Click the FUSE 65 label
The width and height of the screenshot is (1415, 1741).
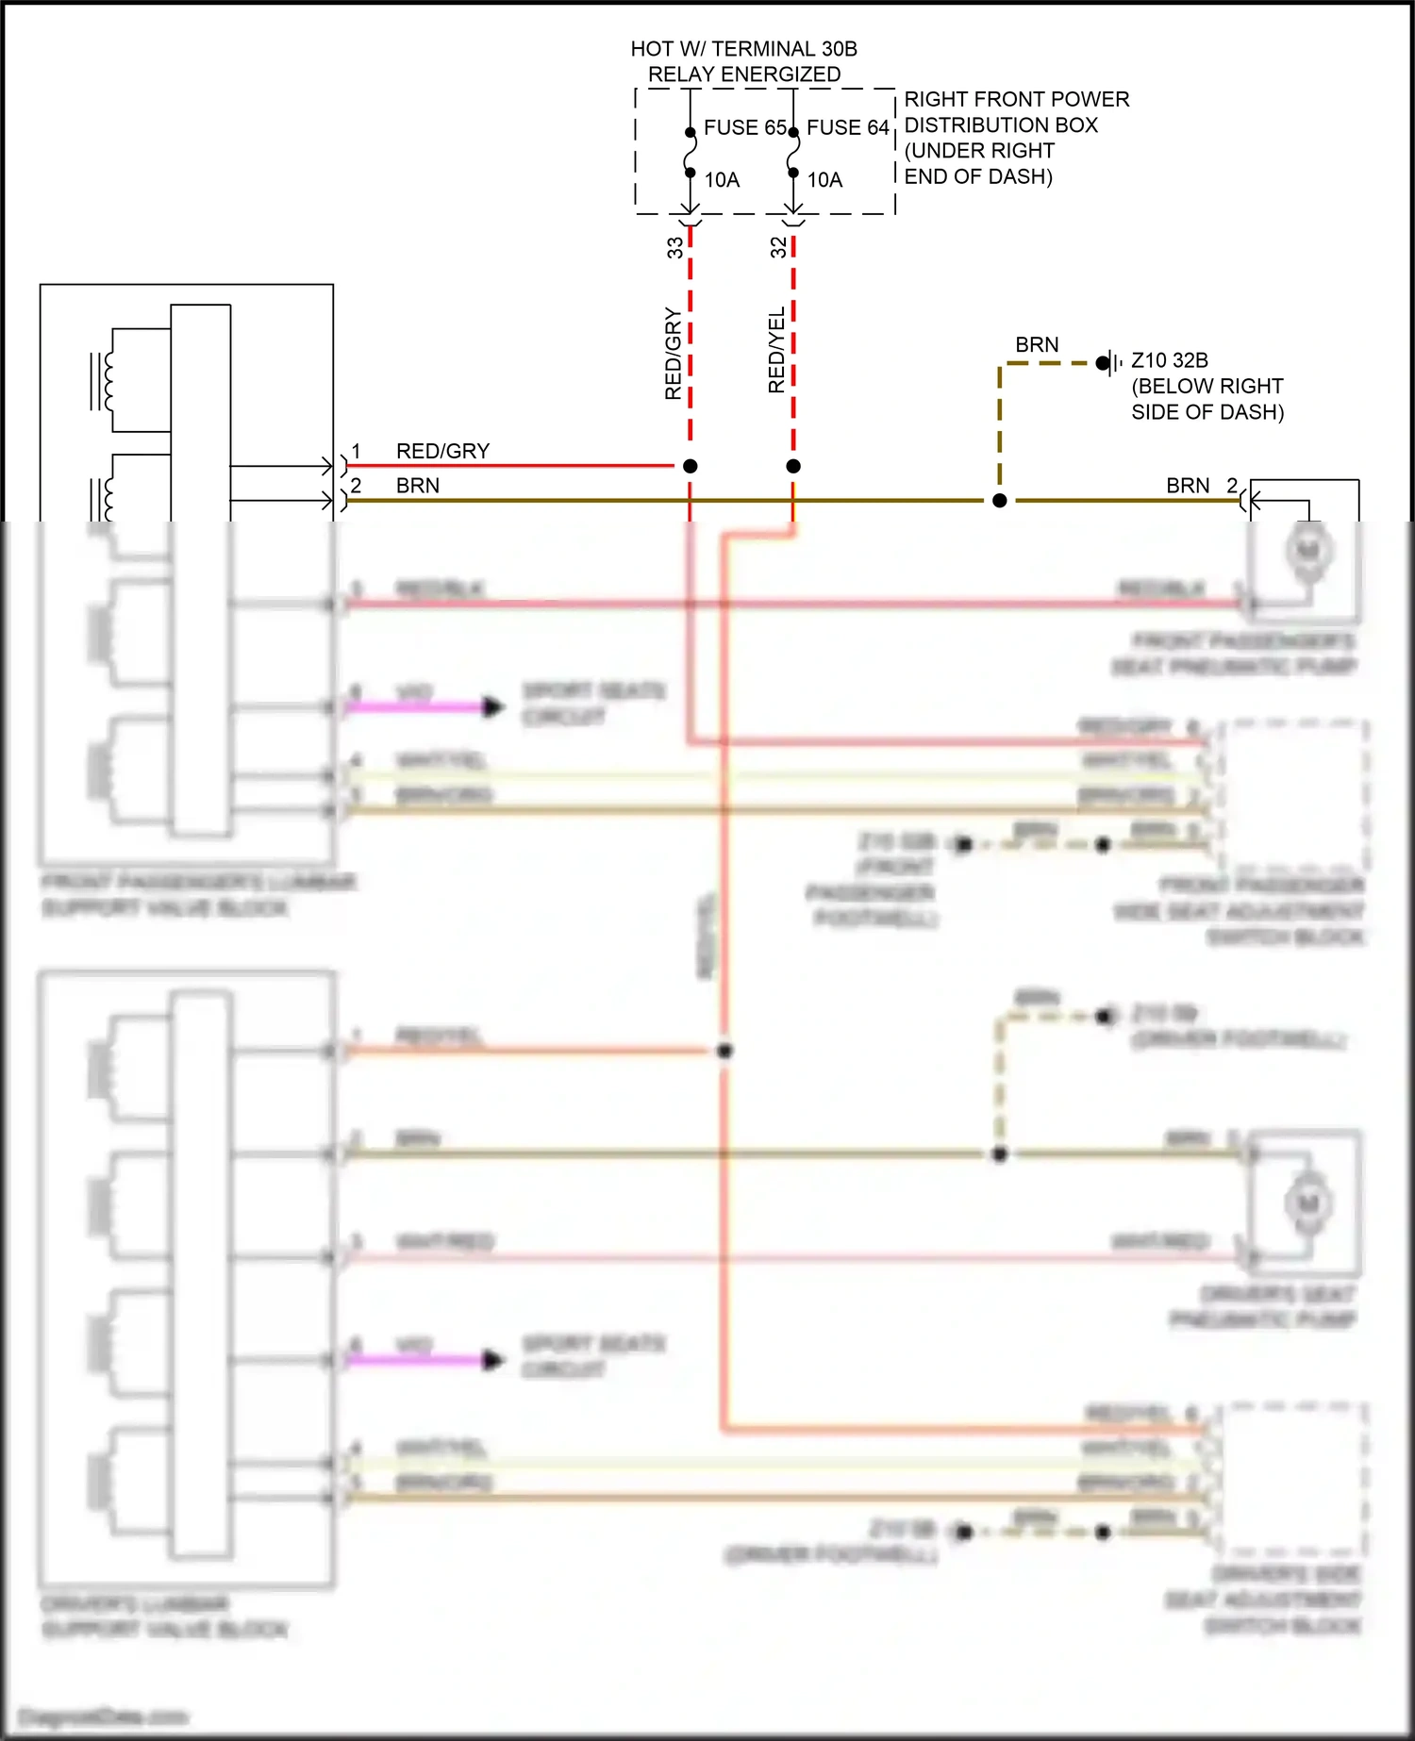tap(744, 127)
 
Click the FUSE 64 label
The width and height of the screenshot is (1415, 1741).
tap(847, 127)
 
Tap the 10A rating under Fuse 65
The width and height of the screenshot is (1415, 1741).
tap(722, 180)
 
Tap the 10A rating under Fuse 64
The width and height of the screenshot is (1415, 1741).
tap(824, 180)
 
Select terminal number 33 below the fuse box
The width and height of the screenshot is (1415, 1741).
tap(675, 247)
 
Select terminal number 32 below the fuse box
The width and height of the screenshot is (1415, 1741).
tap(778, 247)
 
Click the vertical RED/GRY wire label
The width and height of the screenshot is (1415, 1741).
tap(673, 353)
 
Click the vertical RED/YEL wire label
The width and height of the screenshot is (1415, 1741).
tap(776, 351)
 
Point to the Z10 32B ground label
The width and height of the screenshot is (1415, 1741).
tap(1169, 360)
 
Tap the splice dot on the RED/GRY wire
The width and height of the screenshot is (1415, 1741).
tap(691, 466)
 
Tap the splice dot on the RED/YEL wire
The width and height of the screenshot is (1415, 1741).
tap(793, 466)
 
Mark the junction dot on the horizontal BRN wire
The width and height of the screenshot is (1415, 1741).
tap(1000, 501)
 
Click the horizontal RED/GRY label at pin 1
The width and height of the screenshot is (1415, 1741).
tap(442, 451)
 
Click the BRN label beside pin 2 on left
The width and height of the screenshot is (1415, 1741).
tap(418, 486)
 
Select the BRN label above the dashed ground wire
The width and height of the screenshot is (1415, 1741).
tap(1037, 345)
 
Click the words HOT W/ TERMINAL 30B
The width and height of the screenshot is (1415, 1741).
tap(743, 49)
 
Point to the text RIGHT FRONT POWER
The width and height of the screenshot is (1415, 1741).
tap(1016, 99)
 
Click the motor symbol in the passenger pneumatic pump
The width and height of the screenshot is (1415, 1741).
tap(1308, 550)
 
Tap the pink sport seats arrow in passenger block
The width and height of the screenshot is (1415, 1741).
tap(492, 706)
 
